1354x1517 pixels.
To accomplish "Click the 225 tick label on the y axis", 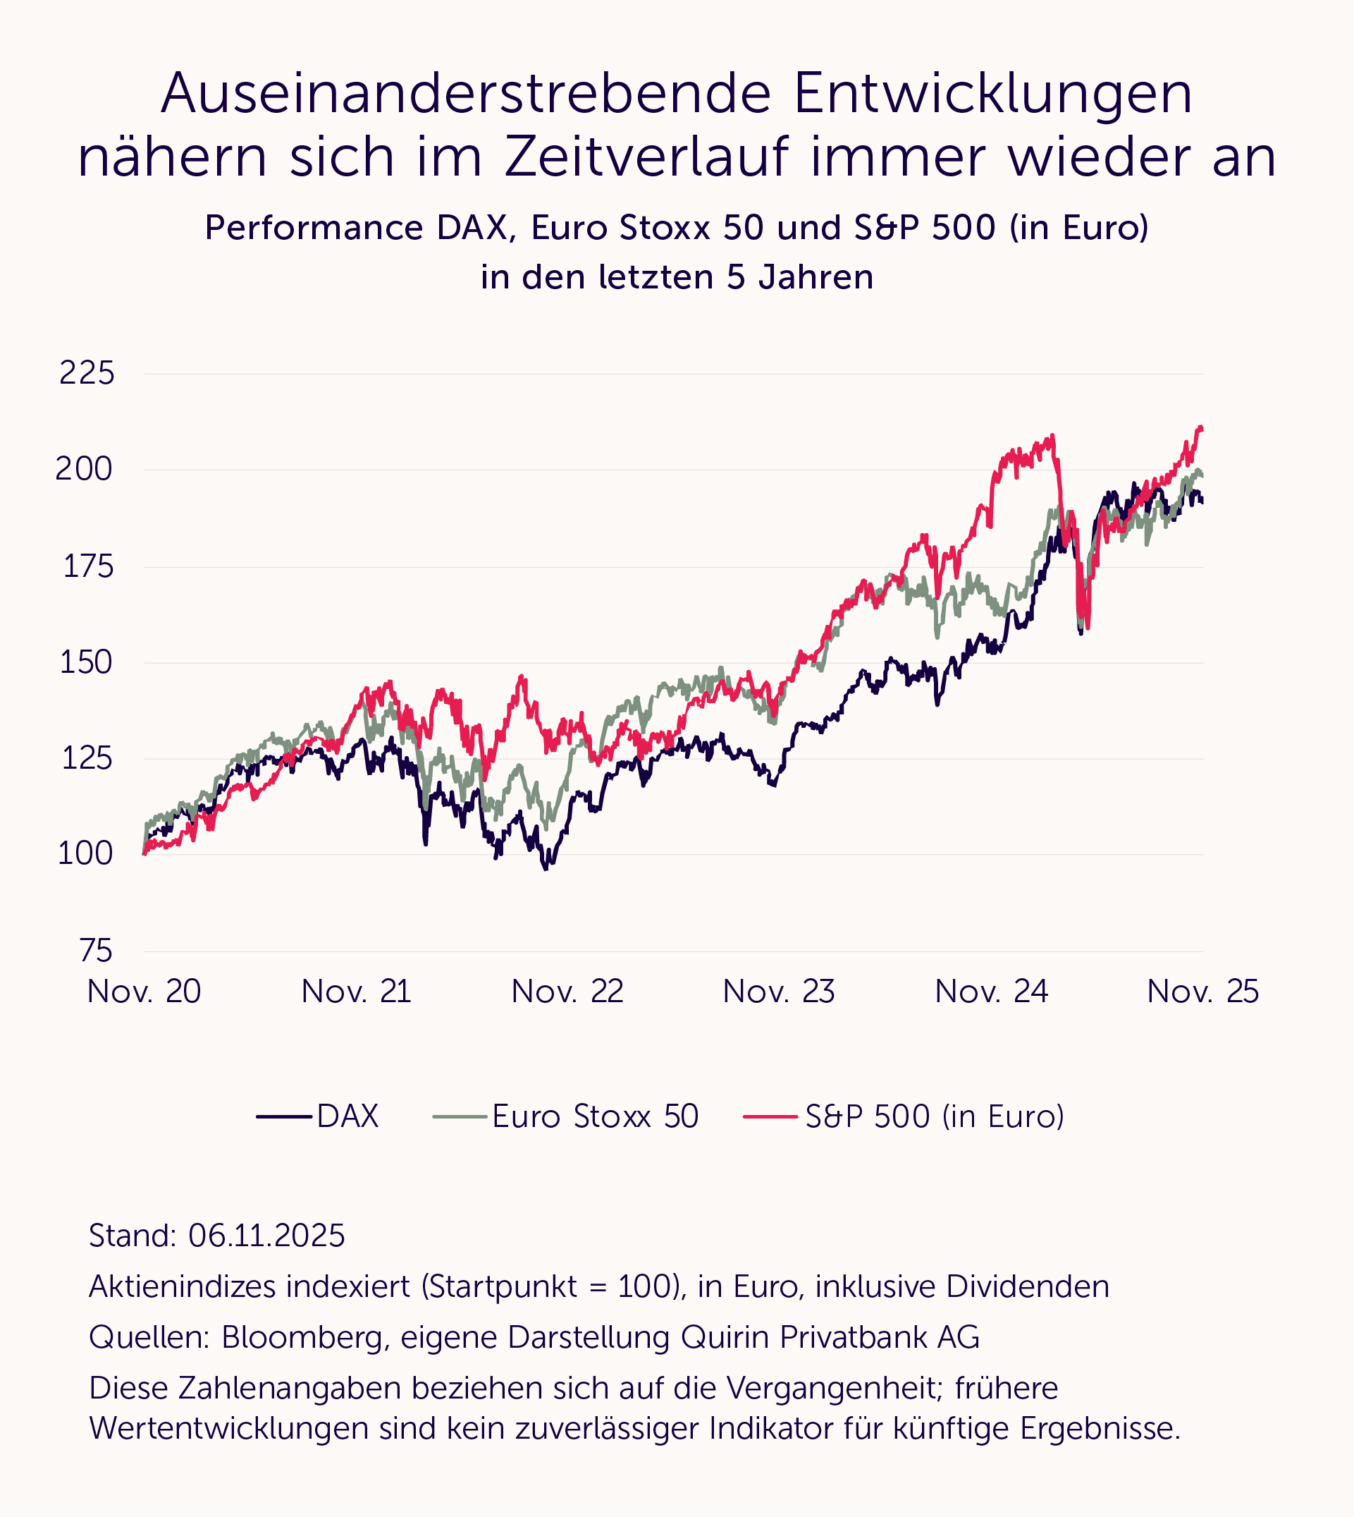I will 87,373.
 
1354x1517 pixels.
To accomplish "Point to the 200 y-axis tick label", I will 84,469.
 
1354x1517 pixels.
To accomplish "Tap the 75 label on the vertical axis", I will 96,951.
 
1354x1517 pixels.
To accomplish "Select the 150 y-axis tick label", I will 87,662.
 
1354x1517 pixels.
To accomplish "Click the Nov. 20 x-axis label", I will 144,992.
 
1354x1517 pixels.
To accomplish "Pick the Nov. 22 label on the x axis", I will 567,992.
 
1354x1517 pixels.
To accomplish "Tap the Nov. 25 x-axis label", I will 1202,992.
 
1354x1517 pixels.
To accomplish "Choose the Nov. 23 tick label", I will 779,992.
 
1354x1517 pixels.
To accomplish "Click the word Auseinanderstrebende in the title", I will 467,95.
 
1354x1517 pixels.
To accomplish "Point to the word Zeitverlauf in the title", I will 646,158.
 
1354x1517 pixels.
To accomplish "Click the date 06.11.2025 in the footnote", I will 266,1236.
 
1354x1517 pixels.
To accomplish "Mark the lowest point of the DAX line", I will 546,869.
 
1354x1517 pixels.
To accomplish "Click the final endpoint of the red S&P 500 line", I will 1202,428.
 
